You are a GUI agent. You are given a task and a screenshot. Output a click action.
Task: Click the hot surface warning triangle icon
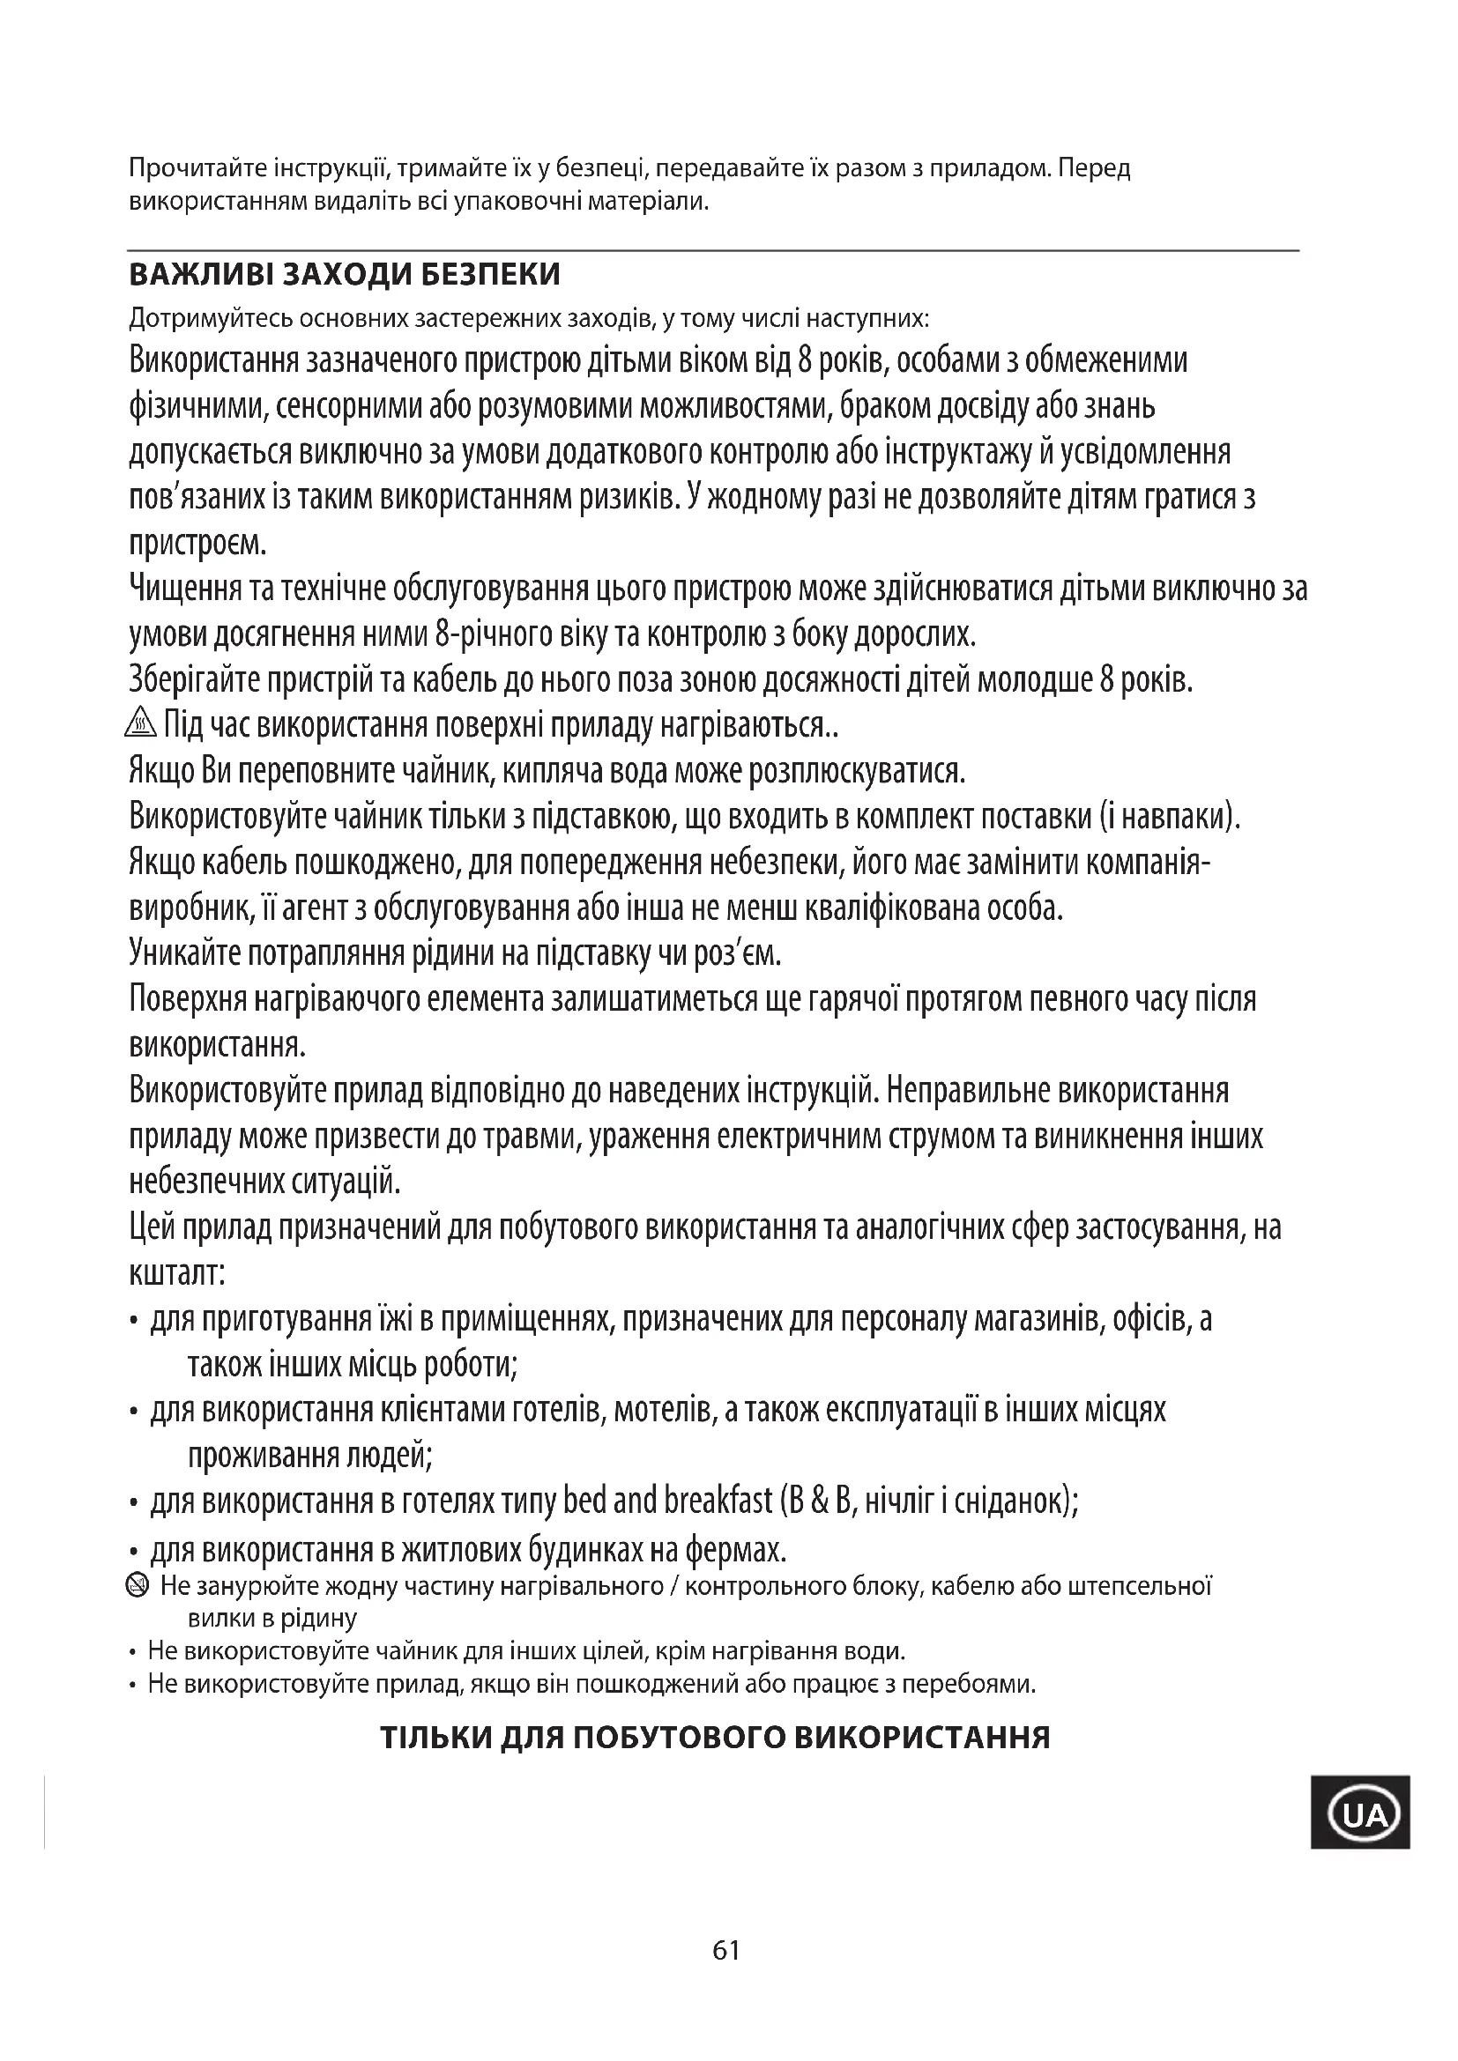(142, 723)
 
